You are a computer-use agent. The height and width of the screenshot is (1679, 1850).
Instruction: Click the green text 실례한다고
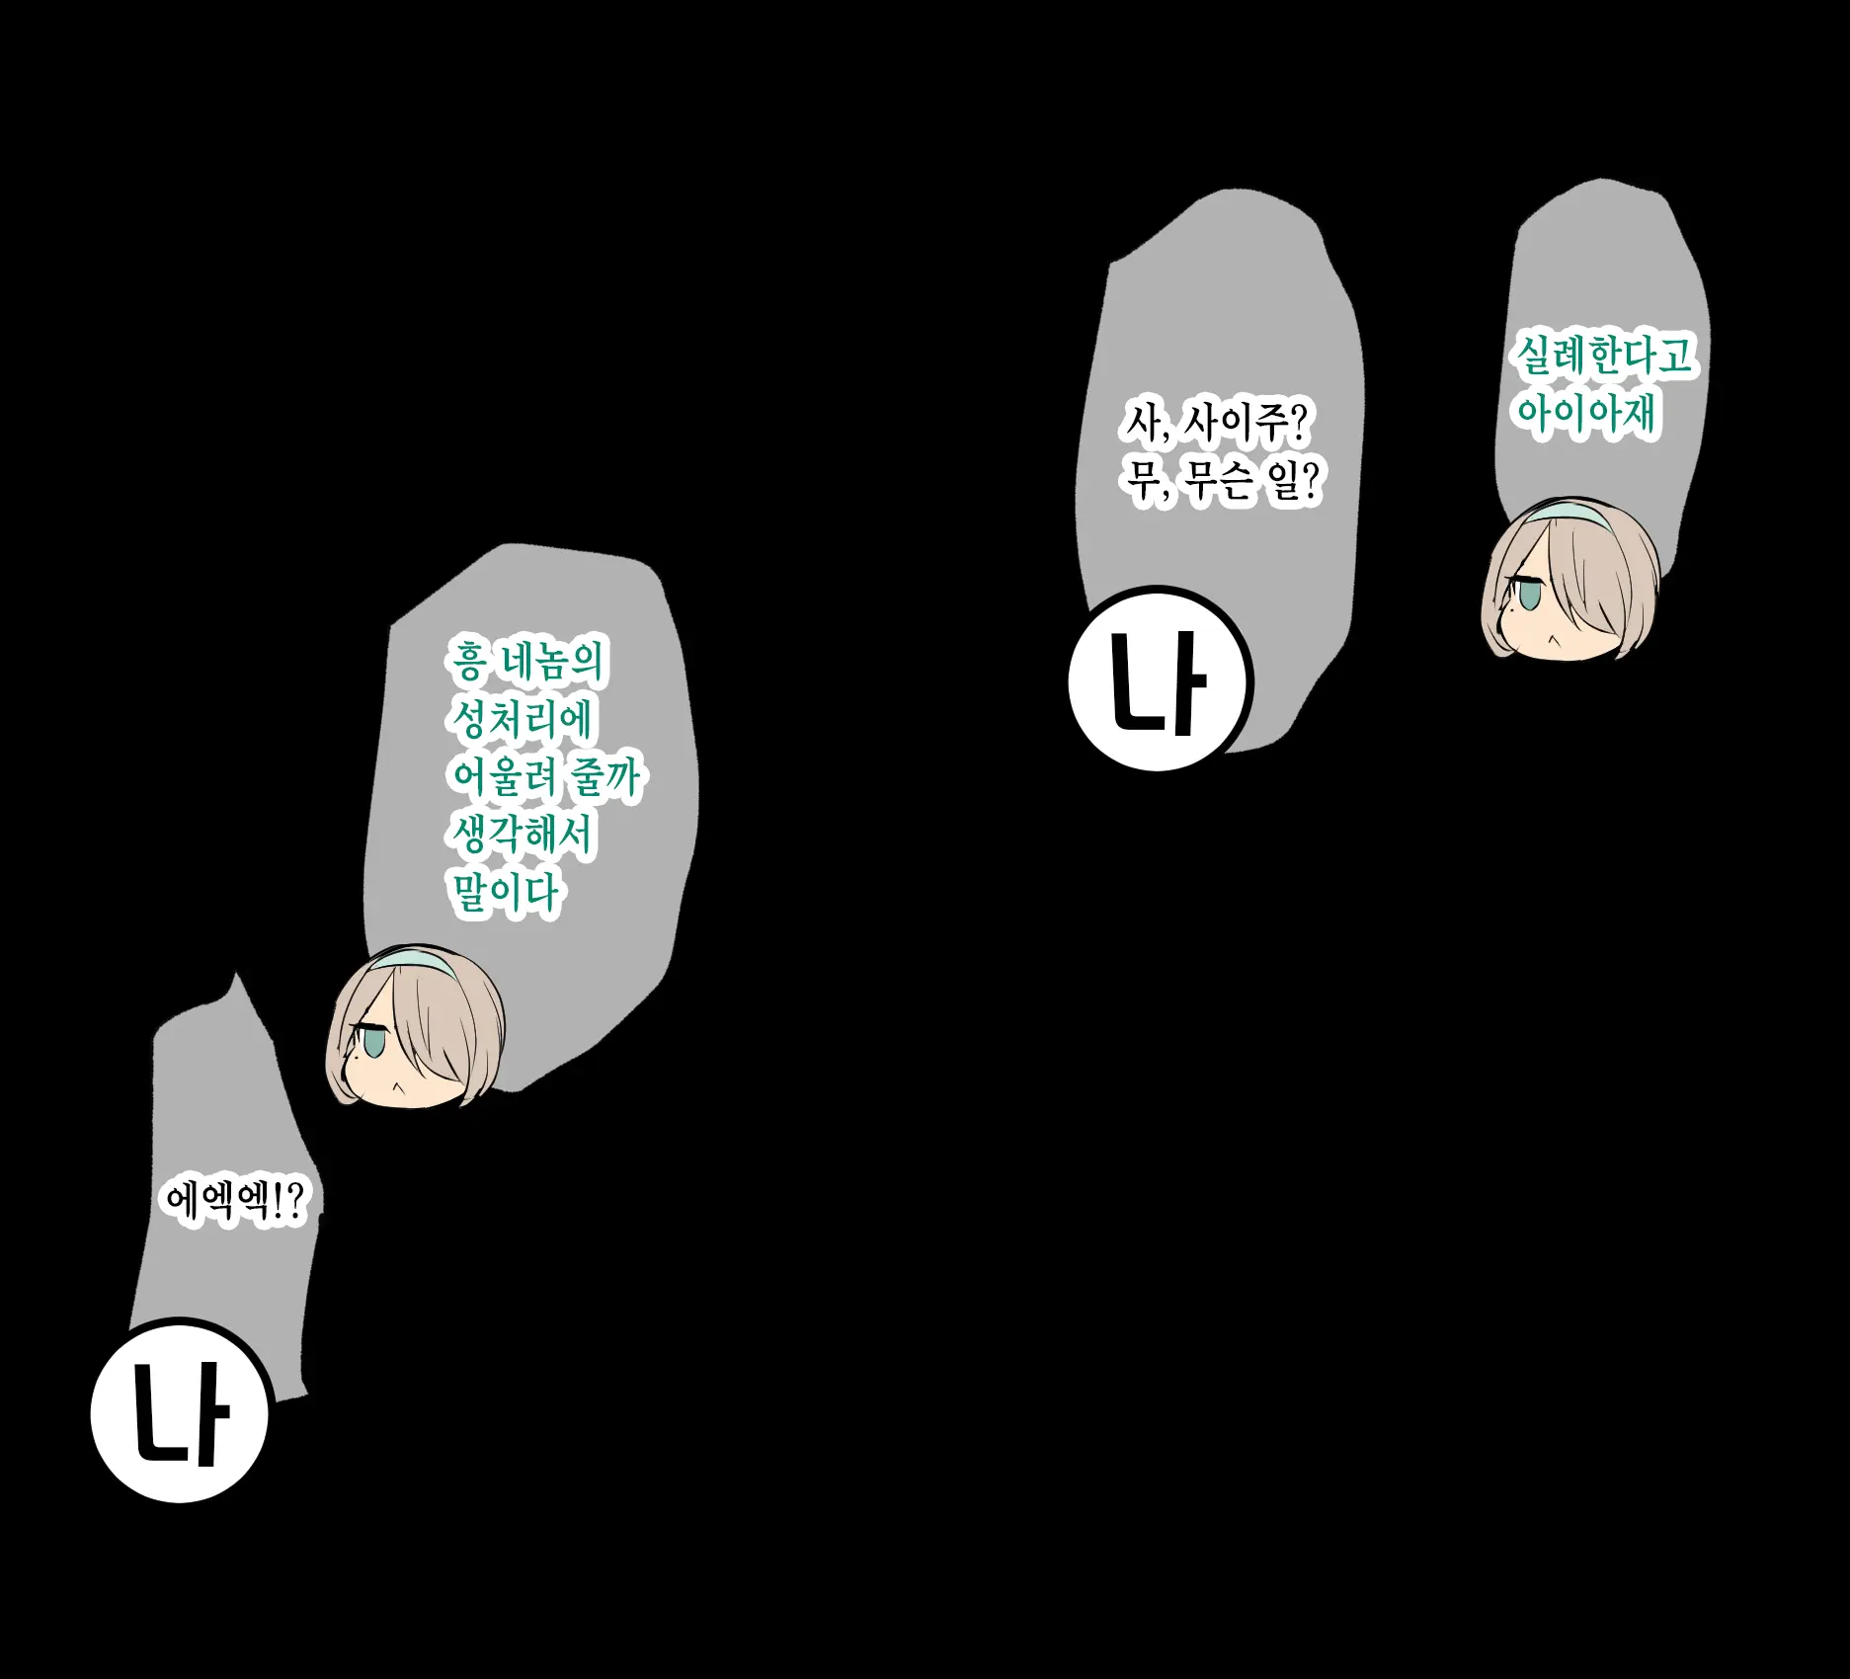point(1606,355)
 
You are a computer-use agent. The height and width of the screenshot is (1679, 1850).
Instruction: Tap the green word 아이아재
point(1585,413)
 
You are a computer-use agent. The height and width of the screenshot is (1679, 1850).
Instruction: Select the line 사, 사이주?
point(1216,423)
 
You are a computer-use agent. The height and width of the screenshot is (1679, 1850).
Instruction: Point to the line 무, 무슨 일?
point(1221,481)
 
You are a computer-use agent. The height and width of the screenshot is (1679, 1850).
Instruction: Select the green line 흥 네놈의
point(526,662)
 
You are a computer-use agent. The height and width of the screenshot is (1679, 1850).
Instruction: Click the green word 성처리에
point(522,719)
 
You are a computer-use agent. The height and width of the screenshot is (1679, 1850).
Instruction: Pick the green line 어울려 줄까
point(545,777)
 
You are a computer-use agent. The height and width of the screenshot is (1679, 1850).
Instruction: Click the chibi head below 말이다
point(416,1026)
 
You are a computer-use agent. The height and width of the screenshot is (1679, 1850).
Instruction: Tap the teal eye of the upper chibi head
point(1528,596)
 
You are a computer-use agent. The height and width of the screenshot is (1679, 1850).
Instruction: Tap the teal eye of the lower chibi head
point(373,1041)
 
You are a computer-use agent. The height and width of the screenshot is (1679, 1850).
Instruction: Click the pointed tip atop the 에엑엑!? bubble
point(235,972)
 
